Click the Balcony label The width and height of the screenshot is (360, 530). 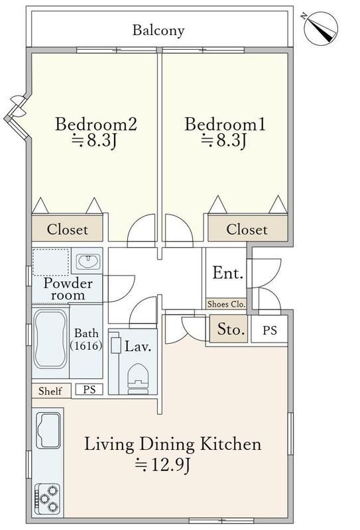coord(158,30)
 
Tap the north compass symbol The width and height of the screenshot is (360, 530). coord(320,28)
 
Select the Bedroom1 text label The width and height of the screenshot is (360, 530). coord(225,124)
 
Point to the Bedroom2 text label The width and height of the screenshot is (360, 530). coord(95,124)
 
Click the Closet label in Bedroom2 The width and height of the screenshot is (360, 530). coord(68,229)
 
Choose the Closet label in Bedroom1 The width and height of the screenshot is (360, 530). coord(247,229)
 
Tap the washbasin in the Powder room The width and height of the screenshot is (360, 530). coord(88,262)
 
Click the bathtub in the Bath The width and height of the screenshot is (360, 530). coord(50,339)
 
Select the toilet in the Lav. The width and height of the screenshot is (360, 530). coord(138,378)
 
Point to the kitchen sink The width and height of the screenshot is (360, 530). coord(48,430)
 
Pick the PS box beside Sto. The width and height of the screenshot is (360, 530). coord(269,330)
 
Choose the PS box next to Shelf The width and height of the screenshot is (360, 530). coord(89,390)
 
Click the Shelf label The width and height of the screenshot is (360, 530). coord(50,392)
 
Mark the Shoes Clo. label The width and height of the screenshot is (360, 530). coord(226,304)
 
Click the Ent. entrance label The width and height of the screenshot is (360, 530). coord(228,273)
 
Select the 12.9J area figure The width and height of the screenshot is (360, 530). coord(163,465)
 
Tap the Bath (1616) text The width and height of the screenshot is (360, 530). coord(86,339)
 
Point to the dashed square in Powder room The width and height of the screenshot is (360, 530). coord(51,262)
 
